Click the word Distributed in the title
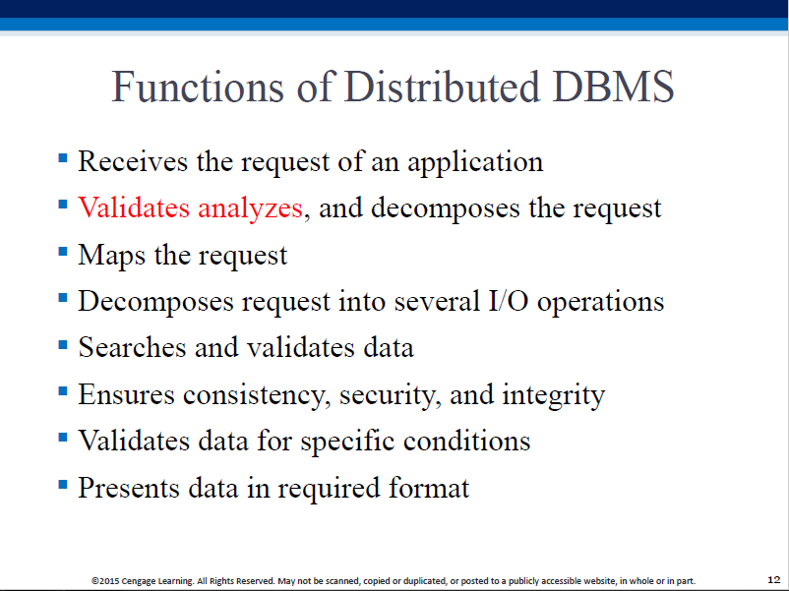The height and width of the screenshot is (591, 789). click(x=443, y=87)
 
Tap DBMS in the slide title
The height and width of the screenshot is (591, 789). click(x=613, y=87)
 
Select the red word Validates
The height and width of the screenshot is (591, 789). click(x=134, y=207)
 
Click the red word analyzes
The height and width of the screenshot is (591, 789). click(x=250, y=209)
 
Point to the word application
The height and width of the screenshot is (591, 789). click(x=475, y=162)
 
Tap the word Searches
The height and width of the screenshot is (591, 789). click(x=132, y=347)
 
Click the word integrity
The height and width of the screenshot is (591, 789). click(x=554, y=395)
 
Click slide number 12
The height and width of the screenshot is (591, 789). click(x=774, y=580)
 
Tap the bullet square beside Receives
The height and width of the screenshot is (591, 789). click(x=63, y=158)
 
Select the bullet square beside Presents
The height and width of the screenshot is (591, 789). click(x=63, y=485)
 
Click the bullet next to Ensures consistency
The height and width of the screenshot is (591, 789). click(x=63, y=390)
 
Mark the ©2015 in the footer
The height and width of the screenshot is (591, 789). click(x=105, y=581)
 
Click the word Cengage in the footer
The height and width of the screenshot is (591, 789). click(x=139, y=581)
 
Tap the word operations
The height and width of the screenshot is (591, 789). click(x=600, y=302)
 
